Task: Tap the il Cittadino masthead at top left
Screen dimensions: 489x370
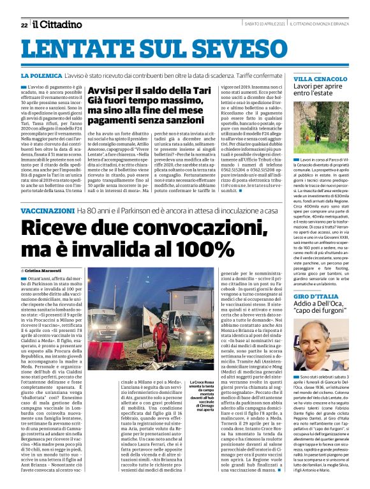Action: [x=57, y=24]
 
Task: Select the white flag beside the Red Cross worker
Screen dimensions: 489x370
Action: [x=176, y=316]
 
